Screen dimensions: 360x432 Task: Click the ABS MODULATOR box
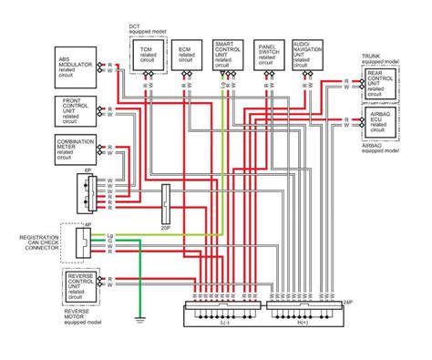tap(81, 67)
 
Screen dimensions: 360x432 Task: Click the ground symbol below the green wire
tap(139, 320)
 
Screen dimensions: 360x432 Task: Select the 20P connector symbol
tap(165, 205)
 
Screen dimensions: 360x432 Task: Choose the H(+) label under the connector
tap(303, 322)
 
